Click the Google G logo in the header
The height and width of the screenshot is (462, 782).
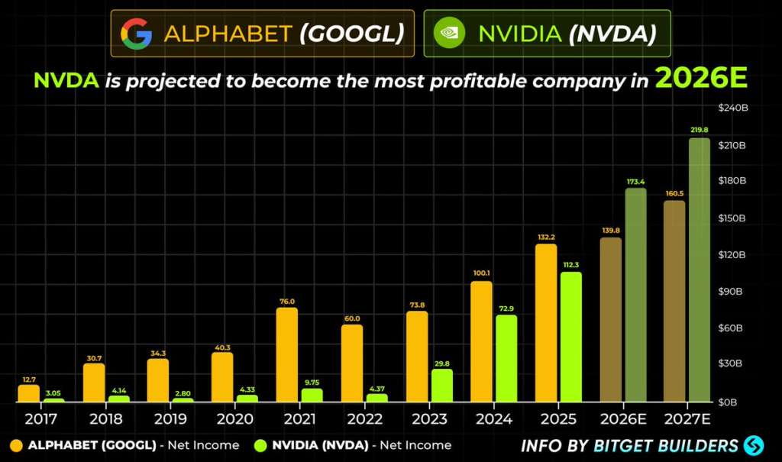(x=136, y=34)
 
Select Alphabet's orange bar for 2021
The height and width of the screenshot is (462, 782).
(x=287, y=355)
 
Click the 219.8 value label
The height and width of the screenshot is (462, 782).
(x=699, y=130)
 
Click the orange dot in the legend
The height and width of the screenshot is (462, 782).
(x=16, y=445)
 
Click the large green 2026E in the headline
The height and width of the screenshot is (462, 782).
(x=700, y=79)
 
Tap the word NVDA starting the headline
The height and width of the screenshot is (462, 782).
(x=66, y=80)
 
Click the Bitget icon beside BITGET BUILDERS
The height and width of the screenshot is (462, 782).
(x=755, y=445)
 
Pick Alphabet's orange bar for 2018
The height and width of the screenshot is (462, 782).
(x=94, y=383)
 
